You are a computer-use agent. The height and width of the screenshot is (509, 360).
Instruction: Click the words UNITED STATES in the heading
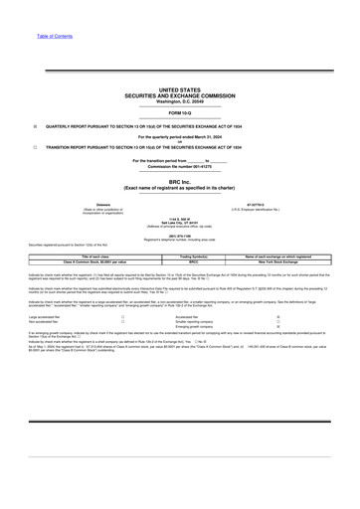click(179, 88)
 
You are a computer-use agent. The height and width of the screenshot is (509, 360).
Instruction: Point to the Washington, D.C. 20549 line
click(179, 100)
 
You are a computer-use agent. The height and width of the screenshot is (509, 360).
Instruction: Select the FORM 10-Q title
click(179, 113)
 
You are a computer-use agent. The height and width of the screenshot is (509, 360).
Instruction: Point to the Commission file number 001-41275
click(179, 164)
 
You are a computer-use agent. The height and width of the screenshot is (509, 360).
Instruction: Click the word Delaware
click(76, 207)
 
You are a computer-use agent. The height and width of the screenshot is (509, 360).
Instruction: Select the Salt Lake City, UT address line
click(179, 224)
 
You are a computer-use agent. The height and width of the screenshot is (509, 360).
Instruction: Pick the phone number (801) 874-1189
click(179, 236)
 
